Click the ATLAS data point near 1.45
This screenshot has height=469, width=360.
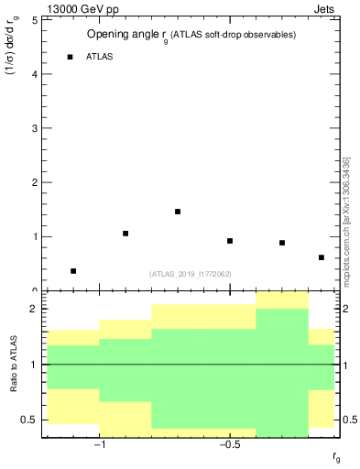click(178, 212)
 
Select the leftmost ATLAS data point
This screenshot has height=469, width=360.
click(73, 271)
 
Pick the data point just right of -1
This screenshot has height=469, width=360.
click(125, 234)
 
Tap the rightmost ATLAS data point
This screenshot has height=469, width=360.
click(322, 257)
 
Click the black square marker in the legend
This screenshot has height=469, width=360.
click(70, 57)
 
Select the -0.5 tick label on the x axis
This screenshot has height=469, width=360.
click(228, 445)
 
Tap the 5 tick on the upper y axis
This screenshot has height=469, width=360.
click(34, 19)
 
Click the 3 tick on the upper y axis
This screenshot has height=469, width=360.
click(34, 128)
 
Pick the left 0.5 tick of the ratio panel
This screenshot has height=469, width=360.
click(29, 420)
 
